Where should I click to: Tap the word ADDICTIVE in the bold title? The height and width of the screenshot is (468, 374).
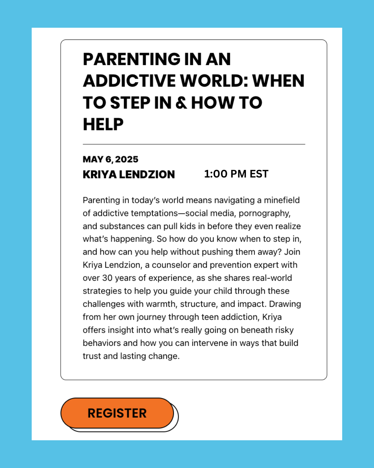coord(130,81)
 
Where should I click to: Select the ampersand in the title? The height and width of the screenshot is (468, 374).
coord(181,103)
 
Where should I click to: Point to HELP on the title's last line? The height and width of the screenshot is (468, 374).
coord(103,124)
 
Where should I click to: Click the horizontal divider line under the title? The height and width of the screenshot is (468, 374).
coord(194,144)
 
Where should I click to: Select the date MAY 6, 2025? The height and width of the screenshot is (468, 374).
coord(110,159)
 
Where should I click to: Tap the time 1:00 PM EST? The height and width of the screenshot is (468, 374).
coord(236,174)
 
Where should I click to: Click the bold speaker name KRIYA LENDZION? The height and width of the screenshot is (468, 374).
coord(129,174)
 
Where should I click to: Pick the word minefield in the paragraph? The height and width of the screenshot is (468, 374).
coord(282,200)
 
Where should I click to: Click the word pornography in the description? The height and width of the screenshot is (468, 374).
coord(265,213)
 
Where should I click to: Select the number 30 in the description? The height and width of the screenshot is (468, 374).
coord(107,278)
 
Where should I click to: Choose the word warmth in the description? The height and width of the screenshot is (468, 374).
coord(161,304)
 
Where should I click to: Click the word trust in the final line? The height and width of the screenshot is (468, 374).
coord(92,356)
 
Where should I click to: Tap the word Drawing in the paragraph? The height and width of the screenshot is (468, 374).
coord(285,304)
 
